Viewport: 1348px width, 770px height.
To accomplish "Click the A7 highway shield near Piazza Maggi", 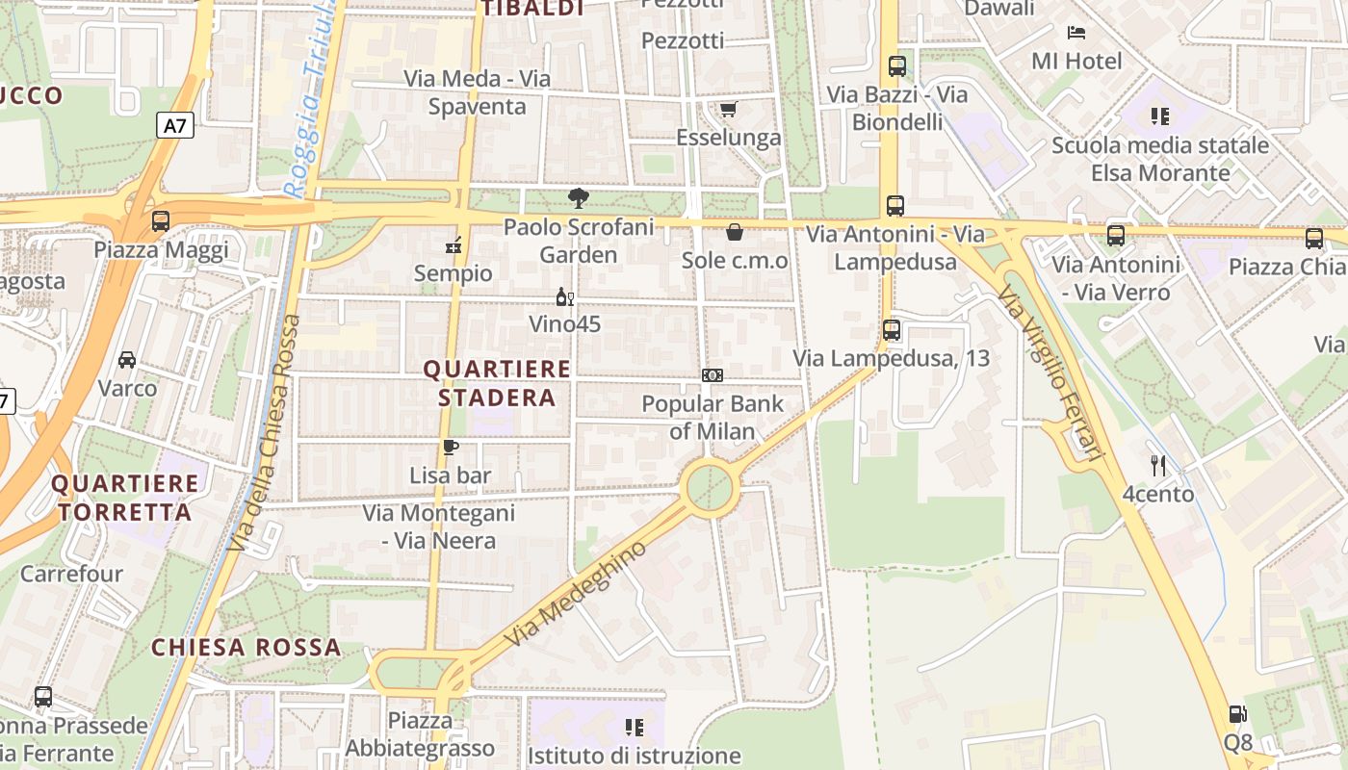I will coord(174,125).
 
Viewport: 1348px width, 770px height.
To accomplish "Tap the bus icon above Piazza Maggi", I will coord(161,221).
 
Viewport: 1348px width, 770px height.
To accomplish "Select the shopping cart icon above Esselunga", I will coord(728,109).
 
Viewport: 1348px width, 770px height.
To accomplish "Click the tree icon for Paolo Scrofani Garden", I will coord(578,198).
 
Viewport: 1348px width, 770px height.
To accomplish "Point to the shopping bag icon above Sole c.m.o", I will coord(734,232).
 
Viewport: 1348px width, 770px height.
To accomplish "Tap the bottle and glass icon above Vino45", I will coord(565,296).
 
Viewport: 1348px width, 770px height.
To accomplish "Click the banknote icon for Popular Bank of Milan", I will coord(713,375).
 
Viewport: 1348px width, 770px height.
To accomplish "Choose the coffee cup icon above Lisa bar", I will coord(450,447).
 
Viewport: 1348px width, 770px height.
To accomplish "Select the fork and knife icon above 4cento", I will coord(1158,466).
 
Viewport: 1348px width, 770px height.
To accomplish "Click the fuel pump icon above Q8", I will coord(1237,714).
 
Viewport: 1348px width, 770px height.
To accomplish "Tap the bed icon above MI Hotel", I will coord(1076,33).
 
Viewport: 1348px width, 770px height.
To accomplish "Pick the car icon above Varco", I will coord(127,360).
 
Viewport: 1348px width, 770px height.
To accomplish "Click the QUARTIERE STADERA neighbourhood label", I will coord(497,383).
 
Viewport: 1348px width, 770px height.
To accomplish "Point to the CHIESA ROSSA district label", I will coord(246,647).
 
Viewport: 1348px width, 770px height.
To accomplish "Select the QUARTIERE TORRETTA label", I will coord(125,497).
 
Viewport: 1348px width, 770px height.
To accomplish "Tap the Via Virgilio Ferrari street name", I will coord(1049,371).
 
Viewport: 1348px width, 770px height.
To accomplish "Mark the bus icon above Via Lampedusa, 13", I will coord(892,330).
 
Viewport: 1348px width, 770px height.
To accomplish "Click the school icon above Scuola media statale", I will coord(1159,116).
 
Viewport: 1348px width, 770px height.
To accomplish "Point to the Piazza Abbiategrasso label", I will coord(420,733).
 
